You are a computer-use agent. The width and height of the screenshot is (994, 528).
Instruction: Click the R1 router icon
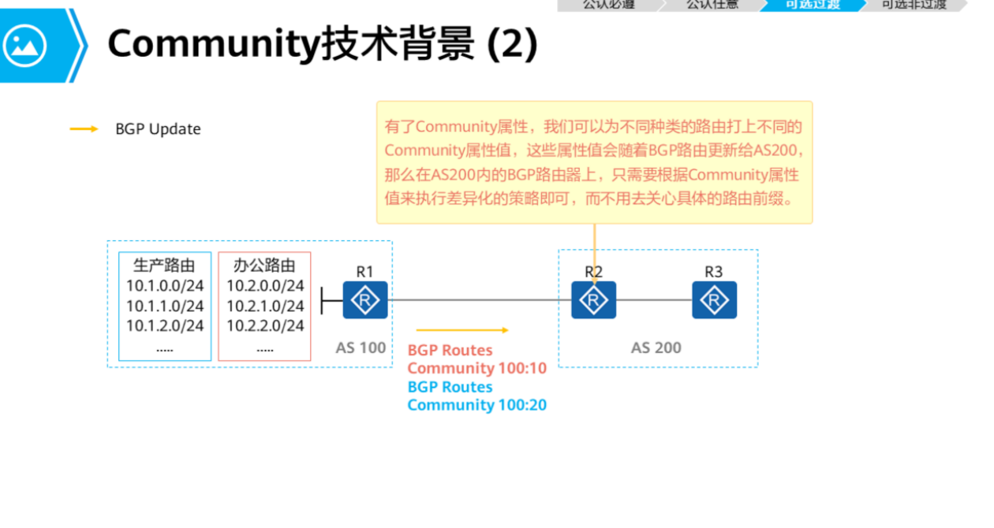tap(365, 300)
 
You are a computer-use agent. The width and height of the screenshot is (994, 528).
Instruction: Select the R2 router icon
tap(593, 300)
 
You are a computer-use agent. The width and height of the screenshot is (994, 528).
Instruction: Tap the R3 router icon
tap(714, 300)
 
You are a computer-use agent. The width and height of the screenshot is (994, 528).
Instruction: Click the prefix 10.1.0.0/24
tap(165, 286)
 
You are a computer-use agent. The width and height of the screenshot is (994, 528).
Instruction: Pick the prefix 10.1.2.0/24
tap(165, 325)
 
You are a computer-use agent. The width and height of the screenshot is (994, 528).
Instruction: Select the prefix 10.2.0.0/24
tap(265, 286)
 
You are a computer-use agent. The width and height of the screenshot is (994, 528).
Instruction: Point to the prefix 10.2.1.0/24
tap(265, 306)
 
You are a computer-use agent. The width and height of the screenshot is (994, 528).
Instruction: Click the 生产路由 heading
tap(164, 266)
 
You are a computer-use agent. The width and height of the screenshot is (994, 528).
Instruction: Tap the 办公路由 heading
tap(264, 266)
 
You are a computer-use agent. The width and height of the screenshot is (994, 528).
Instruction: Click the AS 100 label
tap(361, 348)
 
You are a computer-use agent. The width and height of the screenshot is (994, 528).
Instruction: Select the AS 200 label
tap(656, 348)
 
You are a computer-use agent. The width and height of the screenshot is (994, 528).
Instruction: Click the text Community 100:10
tap(476, 368)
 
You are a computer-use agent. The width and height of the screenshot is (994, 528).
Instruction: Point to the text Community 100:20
tap(476, 405)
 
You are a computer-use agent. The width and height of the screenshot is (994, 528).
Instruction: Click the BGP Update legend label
tap(158, 129)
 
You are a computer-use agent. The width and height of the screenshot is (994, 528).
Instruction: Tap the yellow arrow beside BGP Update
tap(84, 129)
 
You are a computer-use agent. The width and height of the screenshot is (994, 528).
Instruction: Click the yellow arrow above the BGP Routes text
tap(462, 330)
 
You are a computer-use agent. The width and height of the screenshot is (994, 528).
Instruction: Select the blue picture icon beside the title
tap(25, 46)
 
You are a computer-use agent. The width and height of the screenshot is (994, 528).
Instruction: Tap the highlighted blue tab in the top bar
tap(813, 5)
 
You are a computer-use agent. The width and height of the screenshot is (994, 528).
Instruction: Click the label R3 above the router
tap(713, 272)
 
